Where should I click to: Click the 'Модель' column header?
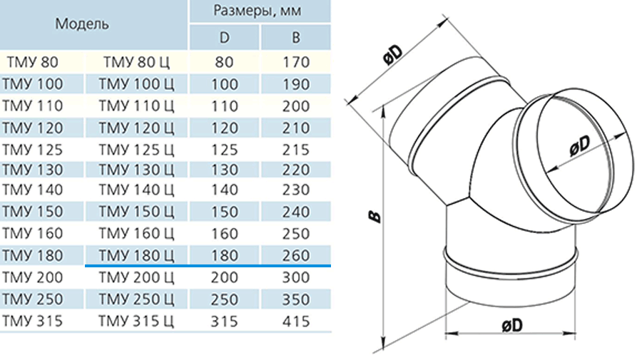click(82, 24)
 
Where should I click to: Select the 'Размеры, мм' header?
click(258, 10)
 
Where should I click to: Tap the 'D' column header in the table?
click(225, 38)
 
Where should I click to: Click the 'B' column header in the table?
click(295, 38)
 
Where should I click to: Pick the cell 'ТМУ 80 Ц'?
click(136, 62)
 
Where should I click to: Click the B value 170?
click(295, 62)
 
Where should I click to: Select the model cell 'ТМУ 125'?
click(32, 150)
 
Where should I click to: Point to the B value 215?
click(295, 150)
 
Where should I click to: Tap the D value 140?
click(225, 190)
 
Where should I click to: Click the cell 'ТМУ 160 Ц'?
click(136, 233)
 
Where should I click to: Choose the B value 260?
click(295, 255)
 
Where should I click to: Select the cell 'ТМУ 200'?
click(32, 277)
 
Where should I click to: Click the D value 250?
click(225, 299)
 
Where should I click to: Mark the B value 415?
click(295, 321)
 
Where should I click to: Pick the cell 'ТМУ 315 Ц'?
click(136, 321)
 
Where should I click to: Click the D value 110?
click(225, 106)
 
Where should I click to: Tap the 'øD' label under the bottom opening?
click(512, 325)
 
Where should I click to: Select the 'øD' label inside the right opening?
click(580, 145)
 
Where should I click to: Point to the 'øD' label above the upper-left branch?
click(393, 54)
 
